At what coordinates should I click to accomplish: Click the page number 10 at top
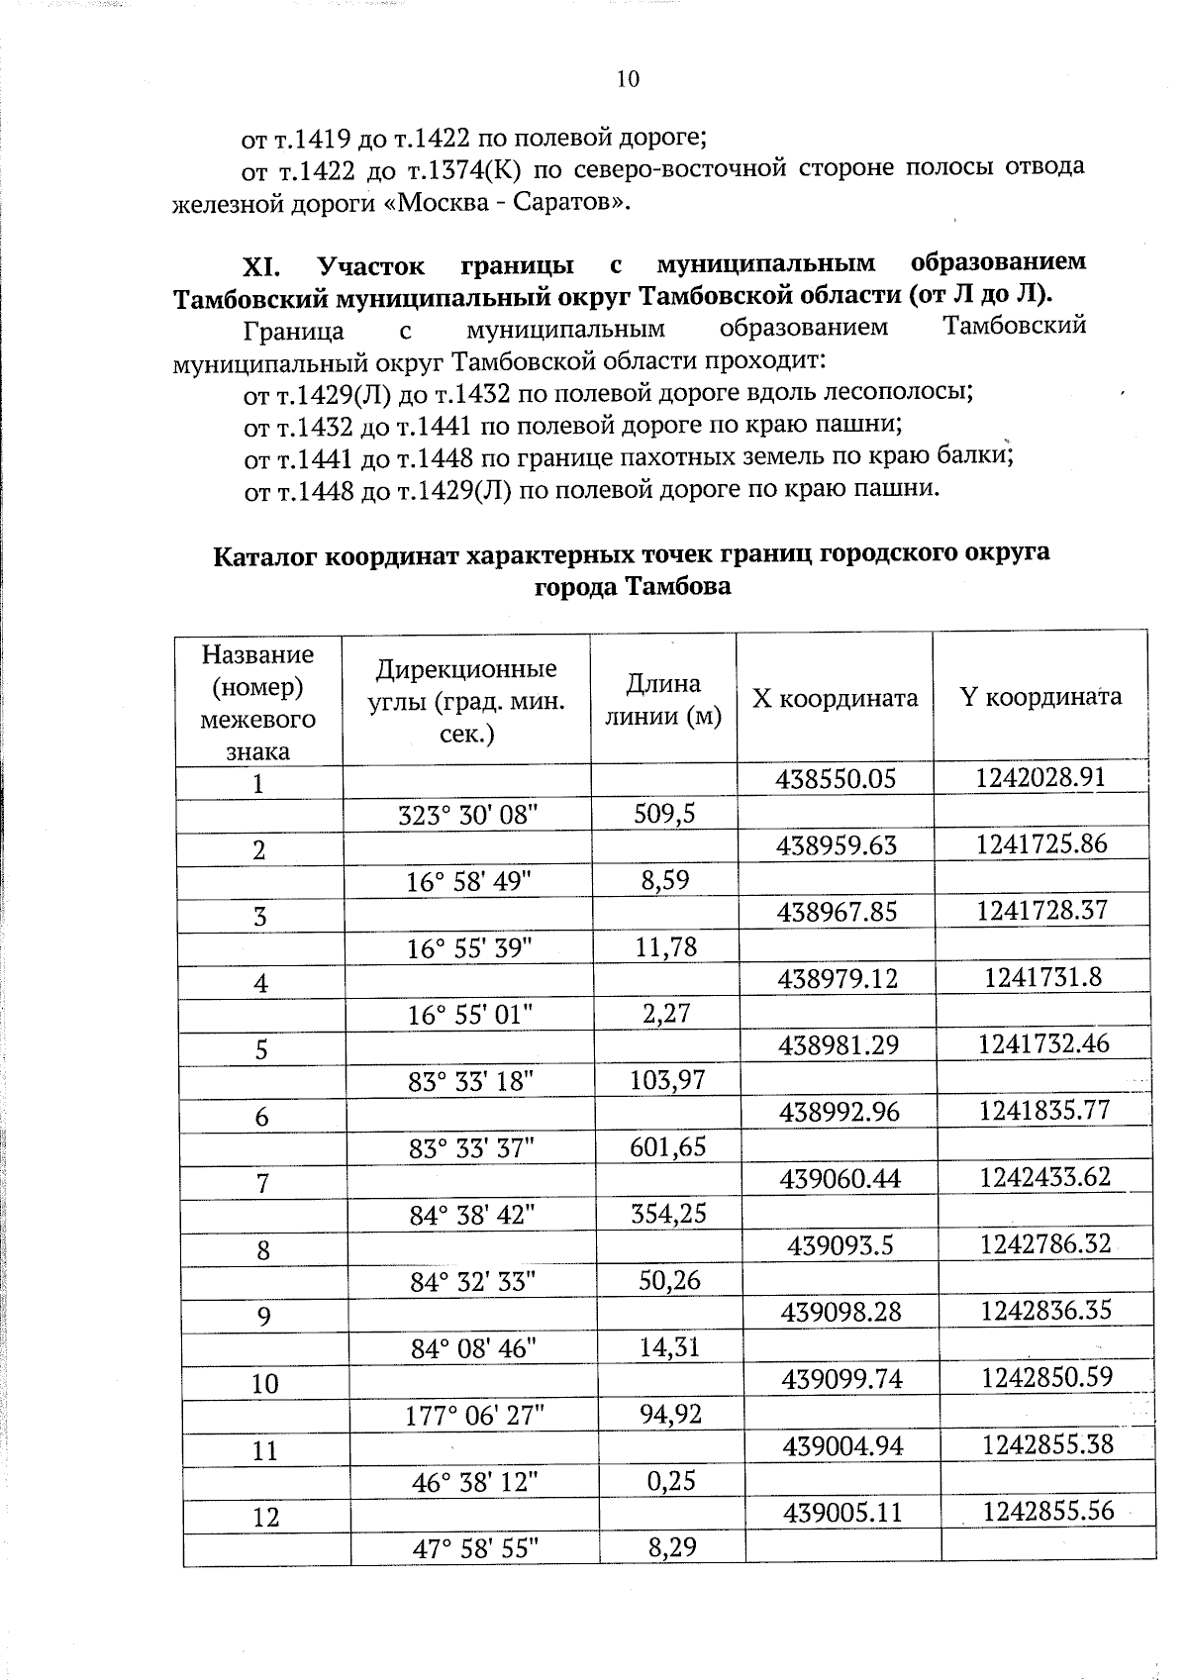628,79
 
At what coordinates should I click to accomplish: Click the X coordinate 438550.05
837,779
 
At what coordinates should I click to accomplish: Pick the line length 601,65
667,1146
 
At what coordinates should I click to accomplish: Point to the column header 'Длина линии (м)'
663,699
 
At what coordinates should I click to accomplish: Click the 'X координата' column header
835,699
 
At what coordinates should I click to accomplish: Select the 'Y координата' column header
1040,697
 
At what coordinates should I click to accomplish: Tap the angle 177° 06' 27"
471,1415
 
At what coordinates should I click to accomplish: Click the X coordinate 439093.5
841,1245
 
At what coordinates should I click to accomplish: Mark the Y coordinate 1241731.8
1042,978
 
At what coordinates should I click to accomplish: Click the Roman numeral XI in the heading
262,266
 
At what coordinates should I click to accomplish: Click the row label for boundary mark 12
265,1517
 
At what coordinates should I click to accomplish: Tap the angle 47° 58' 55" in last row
474,1547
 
